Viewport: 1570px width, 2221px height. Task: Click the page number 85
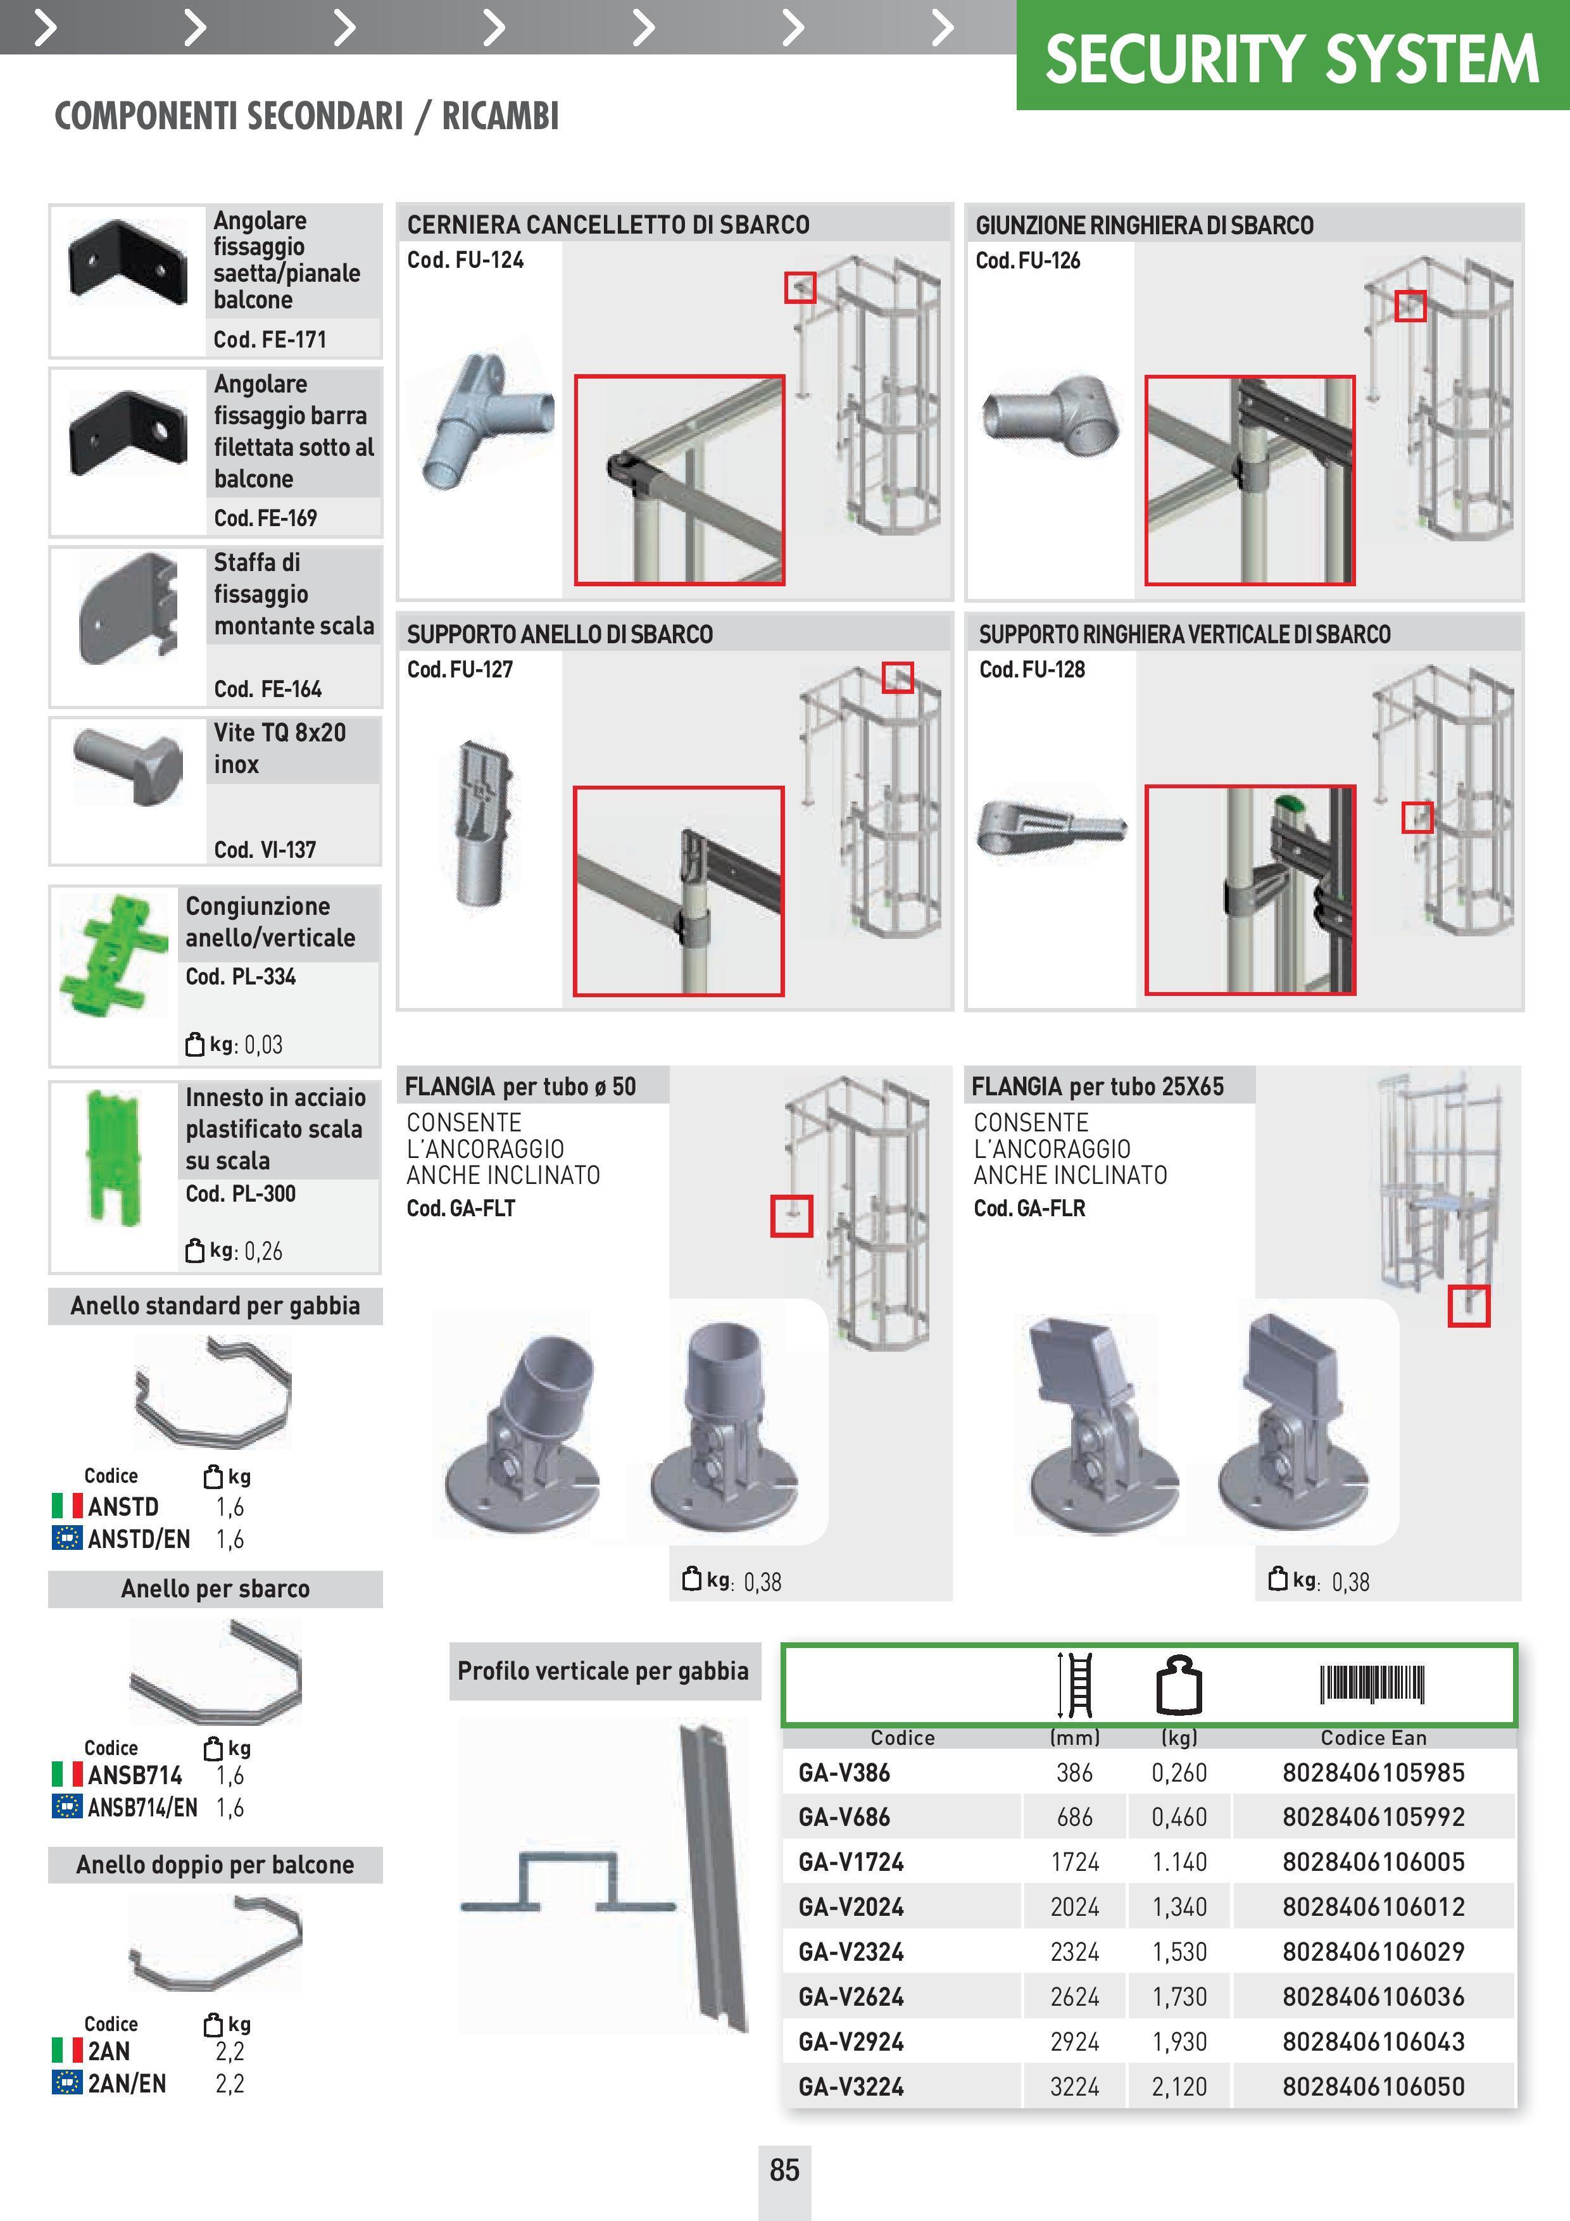tap(784, 2170)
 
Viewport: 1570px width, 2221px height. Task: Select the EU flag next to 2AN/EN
tap(66, 2083)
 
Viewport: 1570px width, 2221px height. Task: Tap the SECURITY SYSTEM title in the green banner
tap(1291, 59)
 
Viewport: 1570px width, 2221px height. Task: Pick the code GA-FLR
tap(1029, 1208)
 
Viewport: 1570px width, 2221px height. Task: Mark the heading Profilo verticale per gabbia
tap(603, 1671)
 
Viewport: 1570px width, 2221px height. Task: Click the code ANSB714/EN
tap(142, 1807)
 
